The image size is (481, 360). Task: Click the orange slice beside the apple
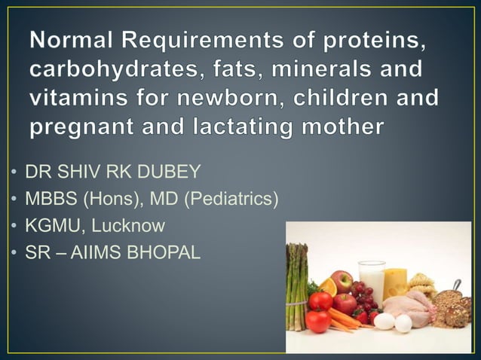point(327,287)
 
